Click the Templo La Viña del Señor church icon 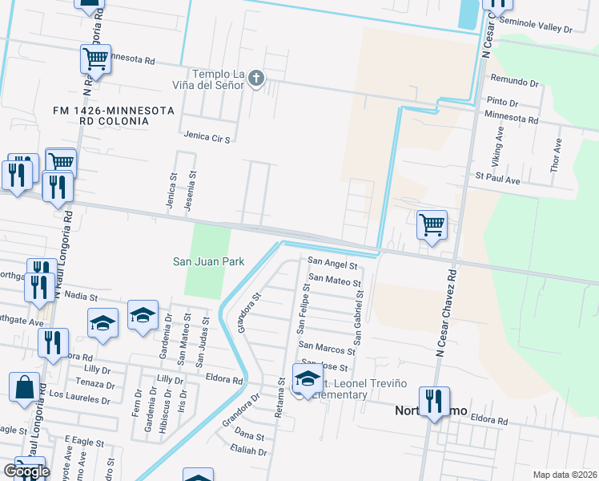[255, 78]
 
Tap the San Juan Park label [209, 261]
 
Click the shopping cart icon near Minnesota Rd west [95, 59]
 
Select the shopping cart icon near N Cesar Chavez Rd [432, 224]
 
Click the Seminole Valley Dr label [541, 28]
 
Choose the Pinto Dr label [502, 103]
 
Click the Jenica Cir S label [207, 139]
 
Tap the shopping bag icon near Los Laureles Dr [25, 386]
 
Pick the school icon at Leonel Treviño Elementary [308, 378]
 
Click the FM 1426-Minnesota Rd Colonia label [101, 115]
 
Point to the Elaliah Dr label [251, 451]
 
